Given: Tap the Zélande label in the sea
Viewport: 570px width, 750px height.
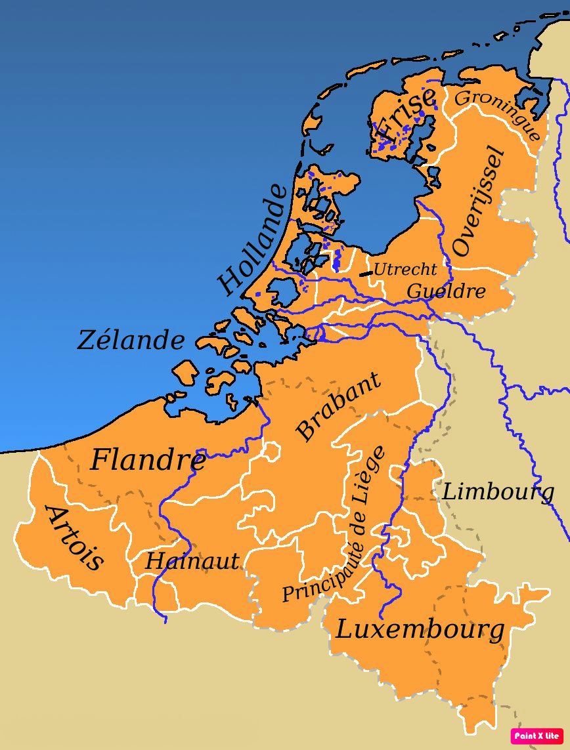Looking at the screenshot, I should [131, 341].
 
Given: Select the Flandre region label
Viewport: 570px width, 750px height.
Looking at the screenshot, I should [148, 460].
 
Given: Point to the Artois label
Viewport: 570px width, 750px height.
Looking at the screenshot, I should [74, 538].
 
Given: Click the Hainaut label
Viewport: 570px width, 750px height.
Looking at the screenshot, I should [192, 562].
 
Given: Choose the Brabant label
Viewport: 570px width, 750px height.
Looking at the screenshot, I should [338, 407].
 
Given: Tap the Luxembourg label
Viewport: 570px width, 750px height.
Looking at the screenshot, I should [420, 630].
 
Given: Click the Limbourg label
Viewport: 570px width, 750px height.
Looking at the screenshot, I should [498, 491].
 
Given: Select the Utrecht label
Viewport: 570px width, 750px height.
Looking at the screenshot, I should [405, 269].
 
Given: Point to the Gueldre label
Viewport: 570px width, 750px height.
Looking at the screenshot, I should [447, 291].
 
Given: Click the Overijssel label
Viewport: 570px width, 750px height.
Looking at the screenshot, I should [479, 202].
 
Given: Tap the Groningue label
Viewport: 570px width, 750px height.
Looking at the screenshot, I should [498, 114].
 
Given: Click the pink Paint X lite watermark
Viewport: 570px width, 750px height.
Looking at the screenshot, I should [537, 736].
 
